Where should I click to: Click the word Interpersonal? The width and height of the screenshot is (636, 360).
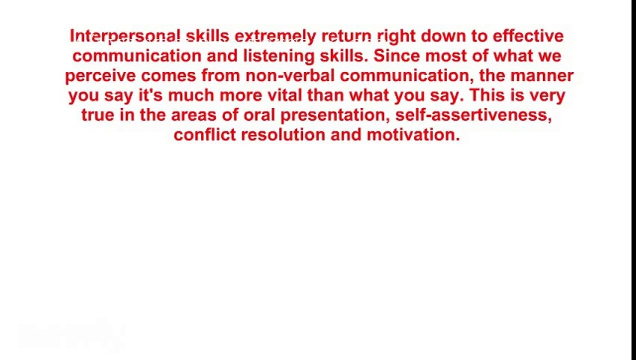pos(125,36)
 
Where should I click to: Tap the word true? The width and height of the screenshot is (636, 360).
pos(98,115)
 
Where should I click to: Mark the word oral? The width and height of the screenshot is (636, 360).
pos(259,115)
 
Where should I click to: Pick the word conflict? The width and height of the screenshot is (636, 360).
pos(204,135)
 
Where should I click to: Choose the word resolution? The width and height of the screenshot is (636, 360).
pos(283,135)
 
